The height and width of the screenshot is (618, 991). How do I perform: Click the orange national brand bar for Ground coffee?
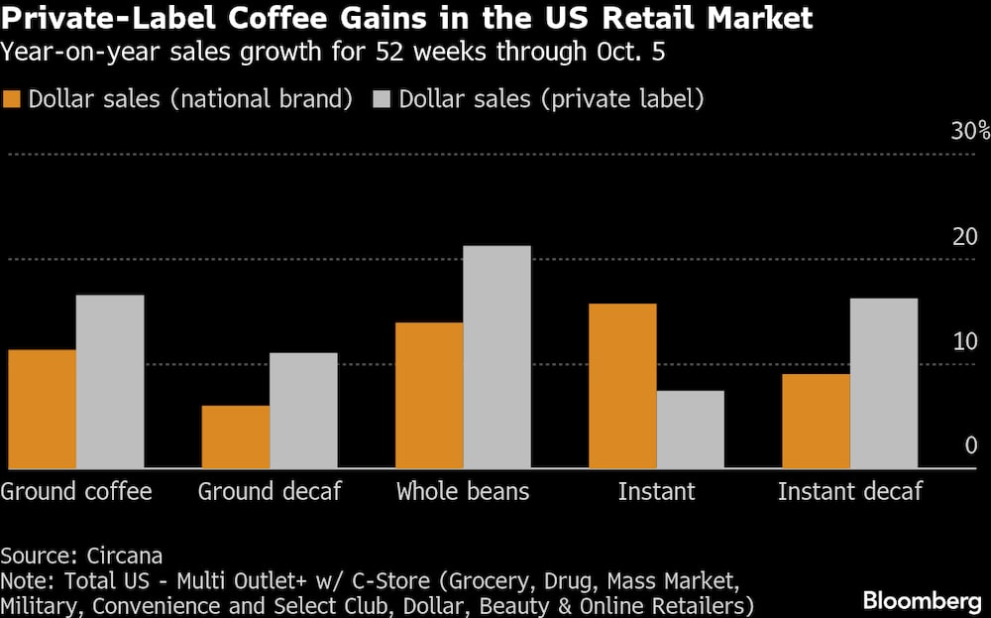[42, 409]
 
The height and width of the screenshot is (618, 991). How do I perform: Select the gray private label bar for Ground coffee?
[110, 382]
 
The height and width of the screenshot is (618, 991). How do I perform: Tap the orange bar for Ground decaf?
[235, 436]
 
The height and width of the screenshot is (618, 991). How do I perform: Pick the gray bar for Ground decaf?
[303, 411]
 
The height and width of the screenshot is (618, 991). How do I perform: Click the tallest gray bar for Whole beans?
[497, 357]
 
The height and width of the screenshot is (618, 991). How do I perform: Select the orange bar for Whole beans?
[429, 395]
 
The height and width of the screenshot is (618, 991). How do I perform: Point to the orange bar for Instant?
[622, 386]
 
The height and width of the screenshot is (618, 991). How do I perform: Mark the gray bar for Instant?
[691, 430]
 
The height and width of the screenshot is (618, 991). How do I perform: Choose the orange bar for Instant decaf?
[816, 421]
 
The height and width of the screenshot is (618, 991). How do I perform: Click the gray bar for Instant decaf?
[884, 383]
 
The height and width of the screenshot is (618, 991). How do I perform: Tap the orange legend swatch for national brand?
[13, 99]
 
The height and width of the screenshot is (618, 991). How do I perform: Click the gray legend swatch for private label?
[382, 99]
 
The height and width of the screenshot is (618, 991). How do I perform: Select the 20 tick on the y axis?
[964, 236]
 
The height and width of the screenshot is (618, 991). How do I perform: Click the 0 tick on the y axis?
[972, 445]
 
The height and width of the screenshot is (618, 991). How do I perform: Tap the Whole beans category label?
[463, 491]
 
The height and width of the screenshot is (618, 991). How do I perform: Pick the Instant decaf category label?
[849, 491]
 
